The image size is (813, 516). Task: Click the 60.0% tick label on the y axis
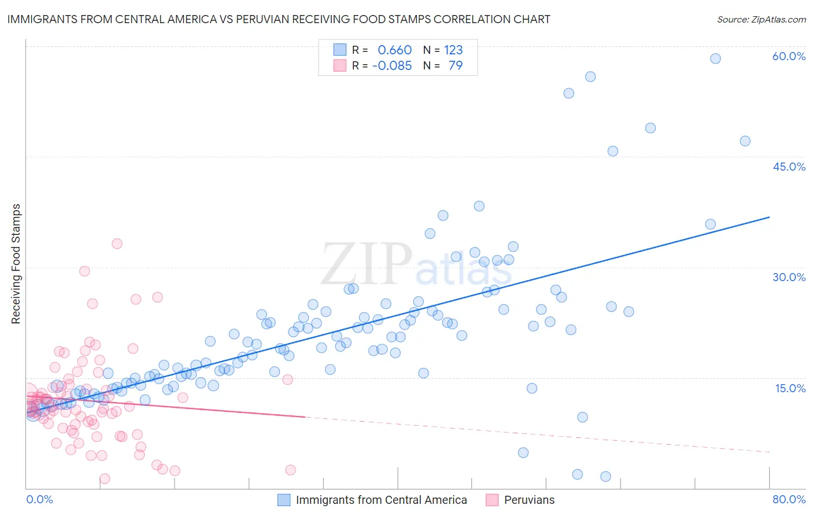pos(789,56)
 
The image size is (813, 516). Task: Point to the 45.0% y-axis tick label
pos(789,167)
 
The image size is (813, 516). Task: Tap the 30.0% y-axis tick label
pos(789,277)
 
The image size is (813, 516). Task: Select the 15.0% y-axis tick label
pos(790,388)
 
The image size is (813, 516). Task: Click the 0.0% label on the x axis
pos(39,499)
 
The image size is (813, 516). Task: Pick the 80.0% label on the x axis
pos(789,499)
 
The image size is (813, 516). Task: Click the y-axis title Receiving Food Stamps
pos(16,264)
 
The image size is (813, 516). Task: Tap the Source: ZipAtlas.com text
pos(761,19)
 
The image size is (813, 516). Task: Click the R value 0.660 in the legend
pos(394,50)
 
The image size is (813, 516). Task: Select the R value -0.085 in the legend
pos(391,66)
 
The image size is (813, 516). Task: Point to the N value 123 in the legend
pos(453,50)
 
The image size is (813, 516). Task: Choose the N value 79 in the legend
pos(456,66)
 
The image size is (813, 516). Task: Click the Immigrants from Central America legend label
pos(381,500)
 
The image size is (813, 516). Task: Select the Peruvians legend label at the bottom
pos(529,500)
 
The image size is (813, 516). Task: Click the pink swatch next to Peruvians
pos(492,500)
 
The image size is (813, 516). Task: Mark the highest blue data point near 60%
pos(715,58)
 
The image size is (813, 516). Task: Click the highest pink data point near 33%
pos(117,244)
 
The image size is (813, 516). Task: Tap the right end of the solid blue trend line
pos(769,217)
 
